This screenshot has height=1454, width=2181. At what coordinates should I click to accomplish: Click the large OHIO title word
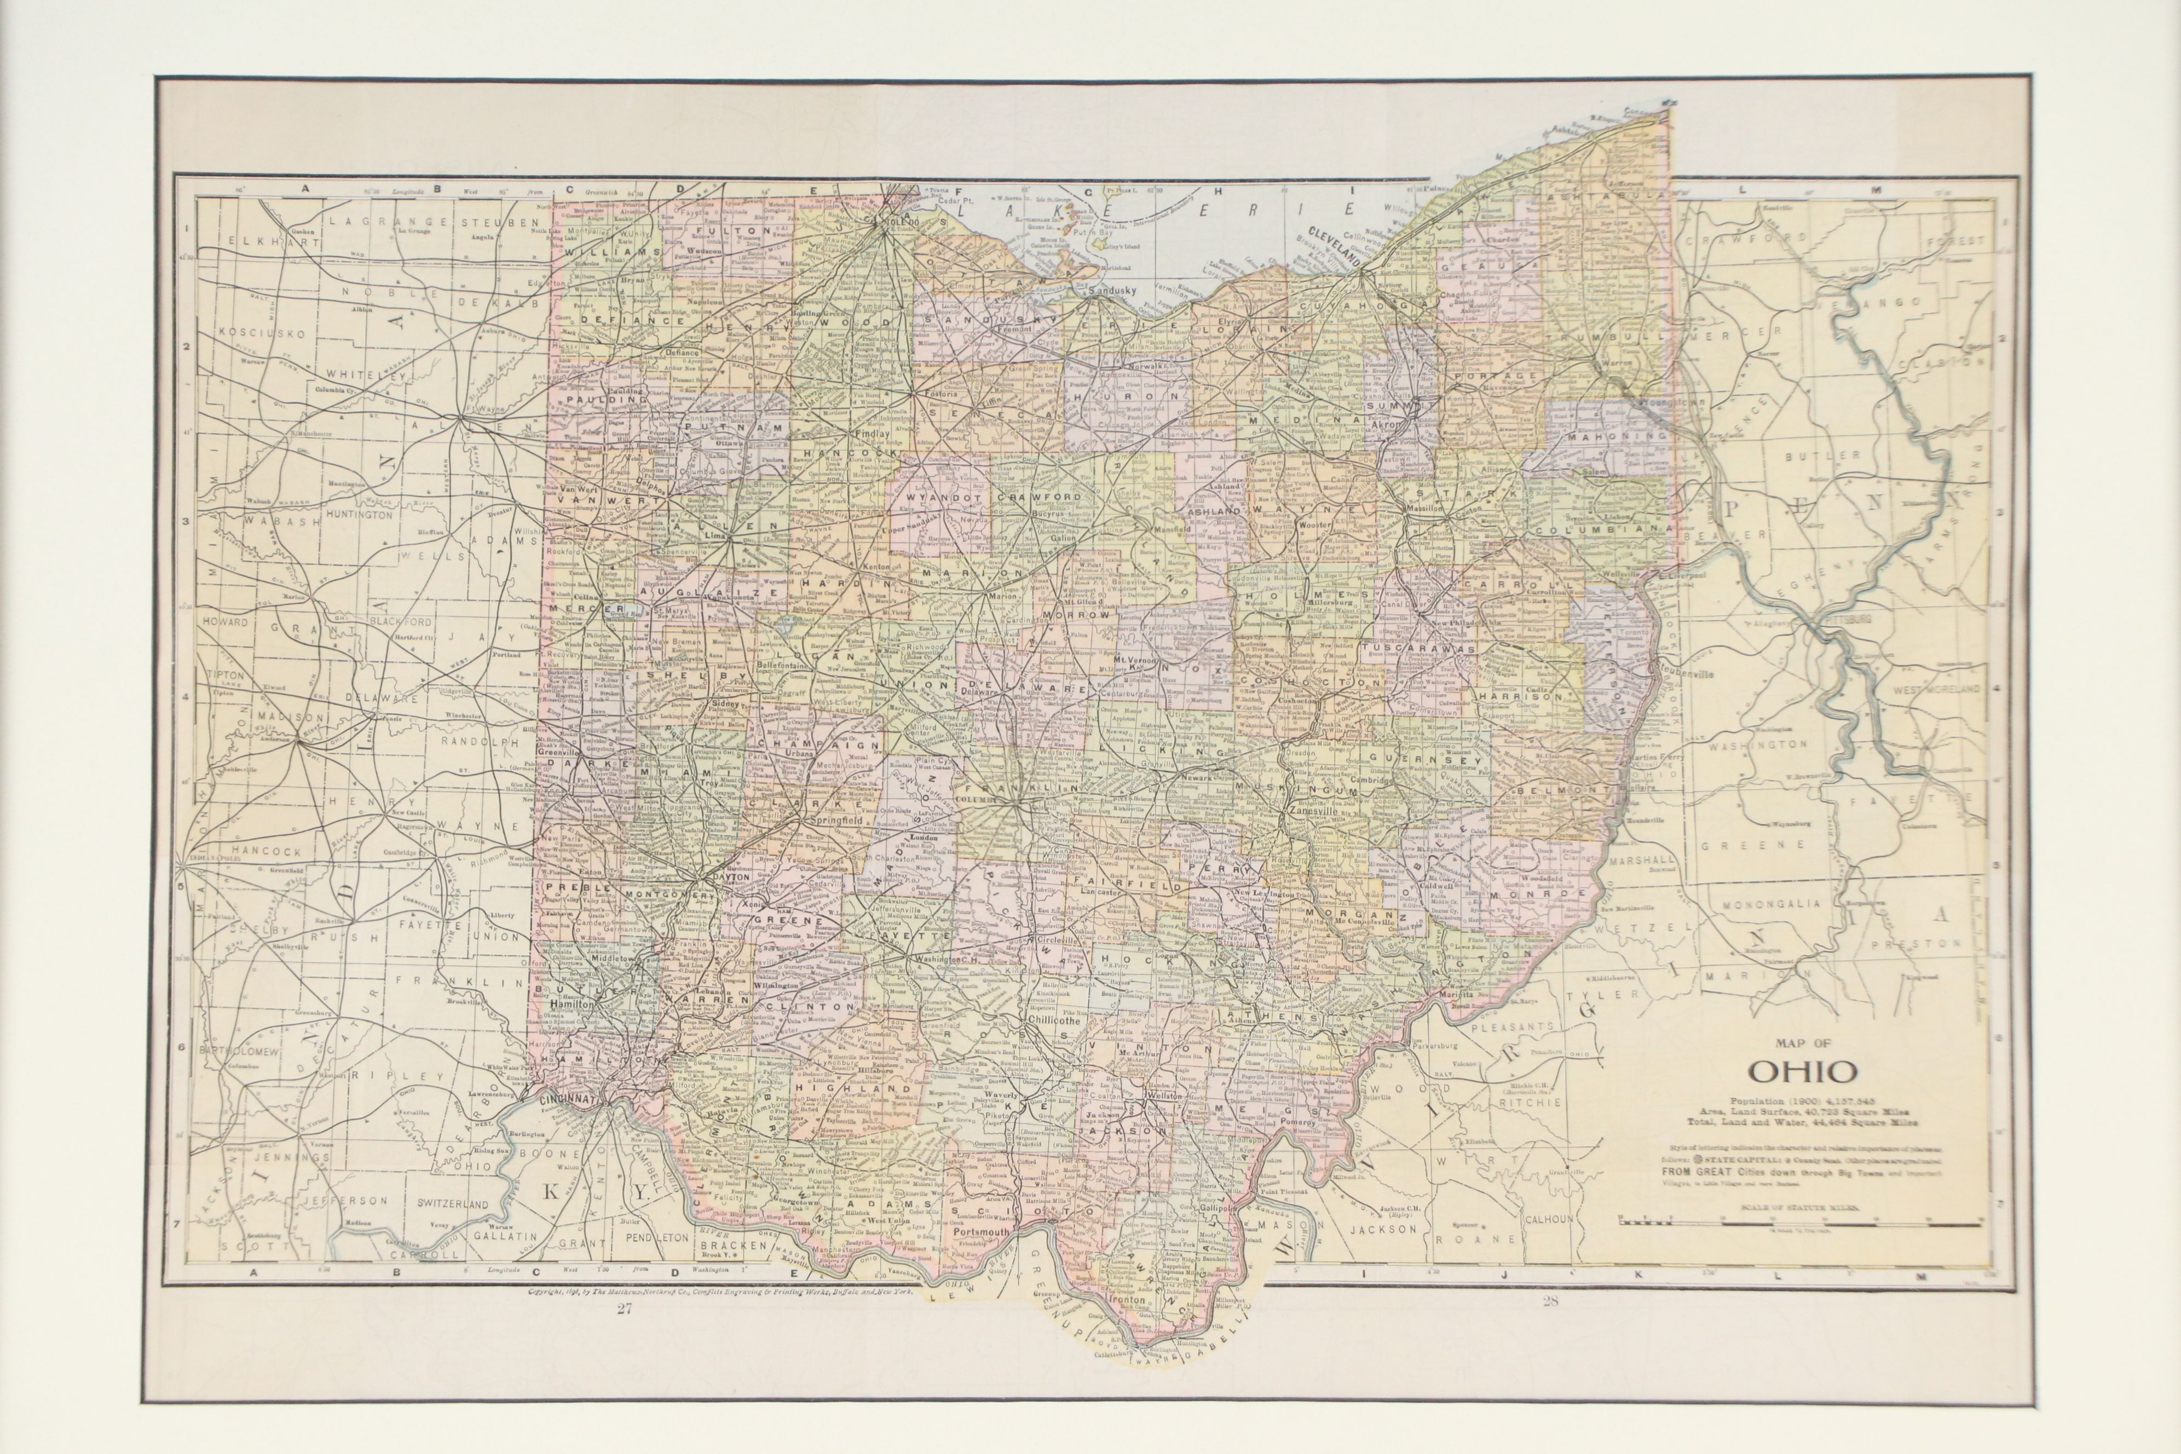1803,1071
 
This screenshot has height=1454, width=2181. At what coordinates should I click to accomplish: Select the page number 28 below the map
1549,1302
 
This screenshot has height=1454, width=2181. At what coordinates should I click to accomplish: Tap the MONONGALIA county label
1771,902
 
